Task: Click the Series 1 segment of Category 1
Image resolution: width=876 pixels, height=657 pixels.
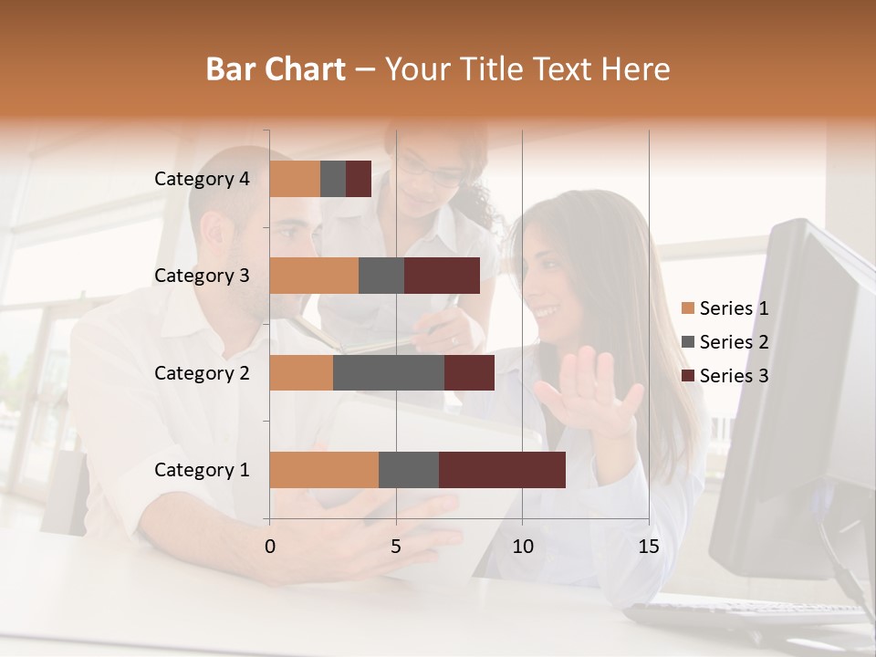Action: point(324,470)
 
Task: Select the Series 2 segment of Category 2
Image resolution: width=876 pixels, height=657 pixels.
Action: point(389,372)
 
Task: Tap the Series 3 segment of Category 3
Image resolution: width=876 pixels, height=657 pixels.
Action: point(442,276)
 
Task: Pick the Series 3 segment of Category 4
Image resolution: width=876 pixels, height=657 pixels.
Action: point(359,179)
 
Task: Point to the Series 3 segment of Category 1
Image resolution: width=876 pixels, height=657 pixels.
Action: point(502,470)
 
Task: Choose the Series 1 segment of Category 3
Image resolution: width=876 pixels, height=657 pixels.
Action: point(314,276)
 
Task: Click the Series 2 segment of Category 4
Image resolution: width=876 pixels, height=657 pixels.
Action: point(333,179)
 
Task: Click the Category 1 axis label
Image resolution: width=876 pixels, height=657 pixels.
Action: point(202,470)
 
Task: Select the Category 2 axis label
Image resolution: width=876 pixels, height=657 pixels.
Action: point(202,372)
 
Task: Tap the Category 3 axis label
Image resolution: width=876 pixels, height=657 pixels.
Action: point(202,276)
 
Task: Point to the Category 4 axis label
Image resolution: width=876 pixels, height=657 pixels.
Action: point(202,179)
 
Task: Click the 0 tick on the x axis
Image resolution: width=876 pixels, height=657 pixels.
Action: point(270,547)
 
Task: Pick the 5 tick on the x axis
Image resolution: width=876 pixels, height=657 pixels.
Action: point(396,547)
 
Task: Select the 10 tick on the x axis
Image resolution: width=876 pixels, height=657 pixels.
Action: point(522,547)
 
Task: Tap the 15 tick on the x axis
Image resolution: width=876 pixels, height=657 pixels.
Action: point(648,547)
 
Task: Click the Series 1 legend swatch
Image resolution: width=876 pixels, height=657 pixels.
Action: point(687,308)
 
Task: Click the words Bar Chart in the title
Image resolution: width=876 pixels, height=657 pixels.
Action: point(276,69)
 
